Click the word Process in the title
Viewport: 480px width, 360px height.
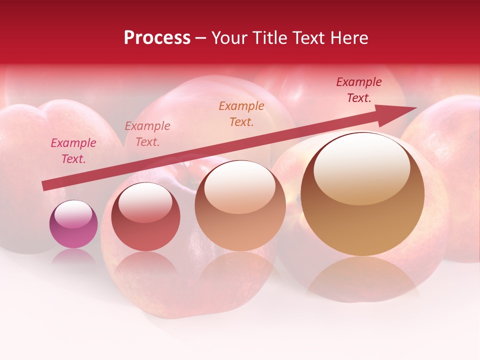(157, 38)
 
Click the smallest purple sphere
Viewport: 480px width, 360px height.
(73, 224)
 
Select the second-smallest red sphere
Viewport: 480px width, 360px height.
(145, 216)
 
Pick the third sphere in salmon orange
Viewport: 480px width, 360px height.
(240, 206)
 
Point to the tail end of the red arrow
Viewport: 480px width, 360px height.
(44, 185)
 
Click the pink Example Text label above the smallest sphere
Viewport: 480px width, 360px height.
(73, 150)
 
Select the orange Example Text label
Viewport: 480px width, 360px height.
(241, 113)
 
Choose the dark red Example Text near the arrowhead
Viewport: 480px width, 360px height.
(358, 90)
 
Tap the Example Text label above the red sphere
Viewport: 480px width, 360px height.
(147, 133)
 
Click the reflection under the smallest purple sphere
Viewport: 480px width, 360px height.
(73, 256)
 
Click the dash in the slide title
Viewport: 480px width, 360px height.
(200, 38)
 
